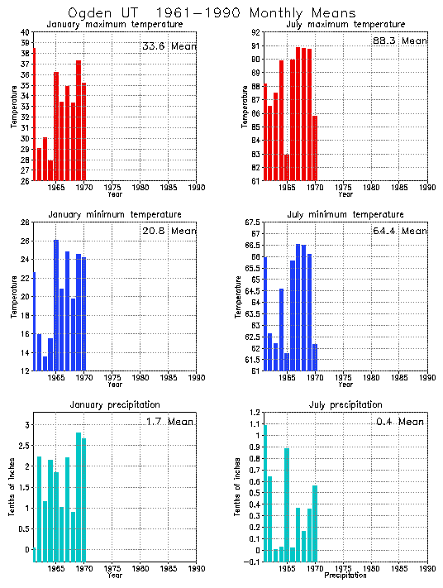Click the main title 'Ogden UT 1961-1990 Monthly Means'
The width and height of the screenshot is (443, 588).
click(x=212, y=12)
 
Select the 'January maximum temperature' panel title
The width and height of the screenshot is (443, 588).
click(x=115, y=25)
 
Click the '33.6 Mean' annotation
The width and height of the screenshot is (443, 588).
click(x=169, y=46)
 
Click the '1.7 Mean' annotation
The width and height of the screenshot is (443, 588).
click(x=169, y=422)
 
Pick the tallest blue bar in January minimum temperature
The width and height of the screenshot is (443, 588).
click(x=56, y=305)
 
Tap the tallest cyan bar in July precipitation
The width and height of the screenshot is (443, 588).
click(x=264, y=493)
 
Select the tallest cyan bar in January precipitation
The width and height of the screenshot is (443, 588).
click(x=79, y=497)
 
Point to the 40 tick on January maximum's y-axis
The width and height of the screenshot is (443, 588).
click(x=26, y=32)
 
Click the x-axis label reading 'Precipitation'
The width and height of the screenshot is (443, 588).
click(x=345, y=575)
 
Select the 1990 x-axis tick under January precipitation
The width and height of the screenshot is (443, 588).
click(x=196, y=569)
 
